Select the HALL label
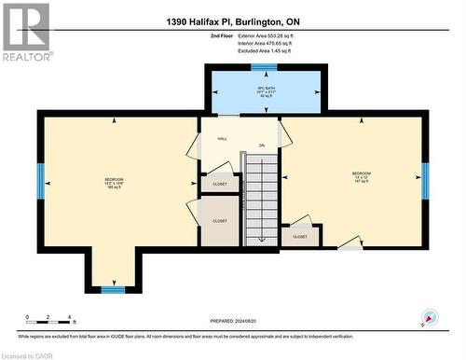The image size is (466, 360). click(x=222, y=139)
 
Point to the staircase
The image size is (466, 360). click(x=262, y=198)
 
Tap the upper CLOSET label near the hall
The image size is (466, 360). click(x=220, y=185)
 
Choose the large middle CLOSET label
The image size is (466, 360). click(x=220, y=221)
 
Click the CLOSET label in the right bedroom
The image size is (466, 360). click(x=300, y=237)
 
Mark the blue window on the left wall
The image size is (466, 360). click(x=40, y=181)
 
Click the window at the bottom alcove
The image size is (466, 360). click(x=113, y=289)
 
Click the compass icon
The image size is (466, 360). click(x=429, y=317)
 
